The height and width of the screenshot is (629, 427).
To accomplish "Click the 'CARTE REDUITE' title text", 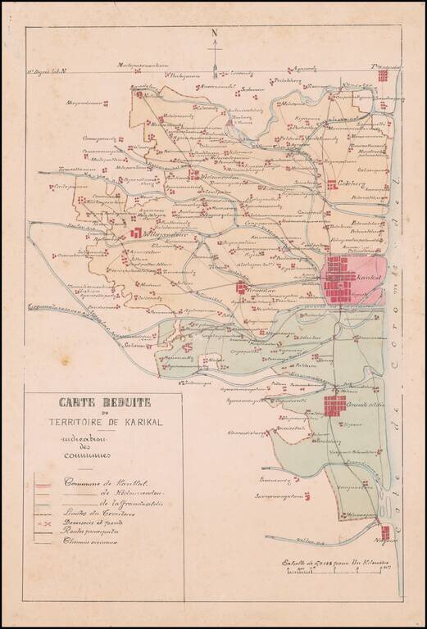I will click(102, 403).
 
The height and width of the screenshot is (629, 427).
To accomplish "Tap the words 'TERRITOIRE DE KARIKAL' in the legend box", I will click(103, 423).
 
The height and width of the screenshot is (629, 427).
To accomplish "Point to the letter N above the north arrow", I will click(214, 34).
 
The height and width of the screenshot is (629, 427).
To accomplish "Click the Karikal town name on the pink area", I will click(370, 278).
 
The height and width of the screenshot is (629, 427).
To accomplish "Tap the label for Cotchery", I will click(353, 185).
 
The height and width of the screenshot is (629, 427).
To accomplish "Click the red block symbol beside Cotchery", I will click(332, 185).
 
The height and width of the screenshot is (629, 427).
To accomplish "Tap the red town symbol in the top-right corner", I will click(383, 75).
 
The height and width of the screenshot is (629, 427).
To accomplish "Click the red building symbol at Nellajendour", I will click(134, 233).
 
